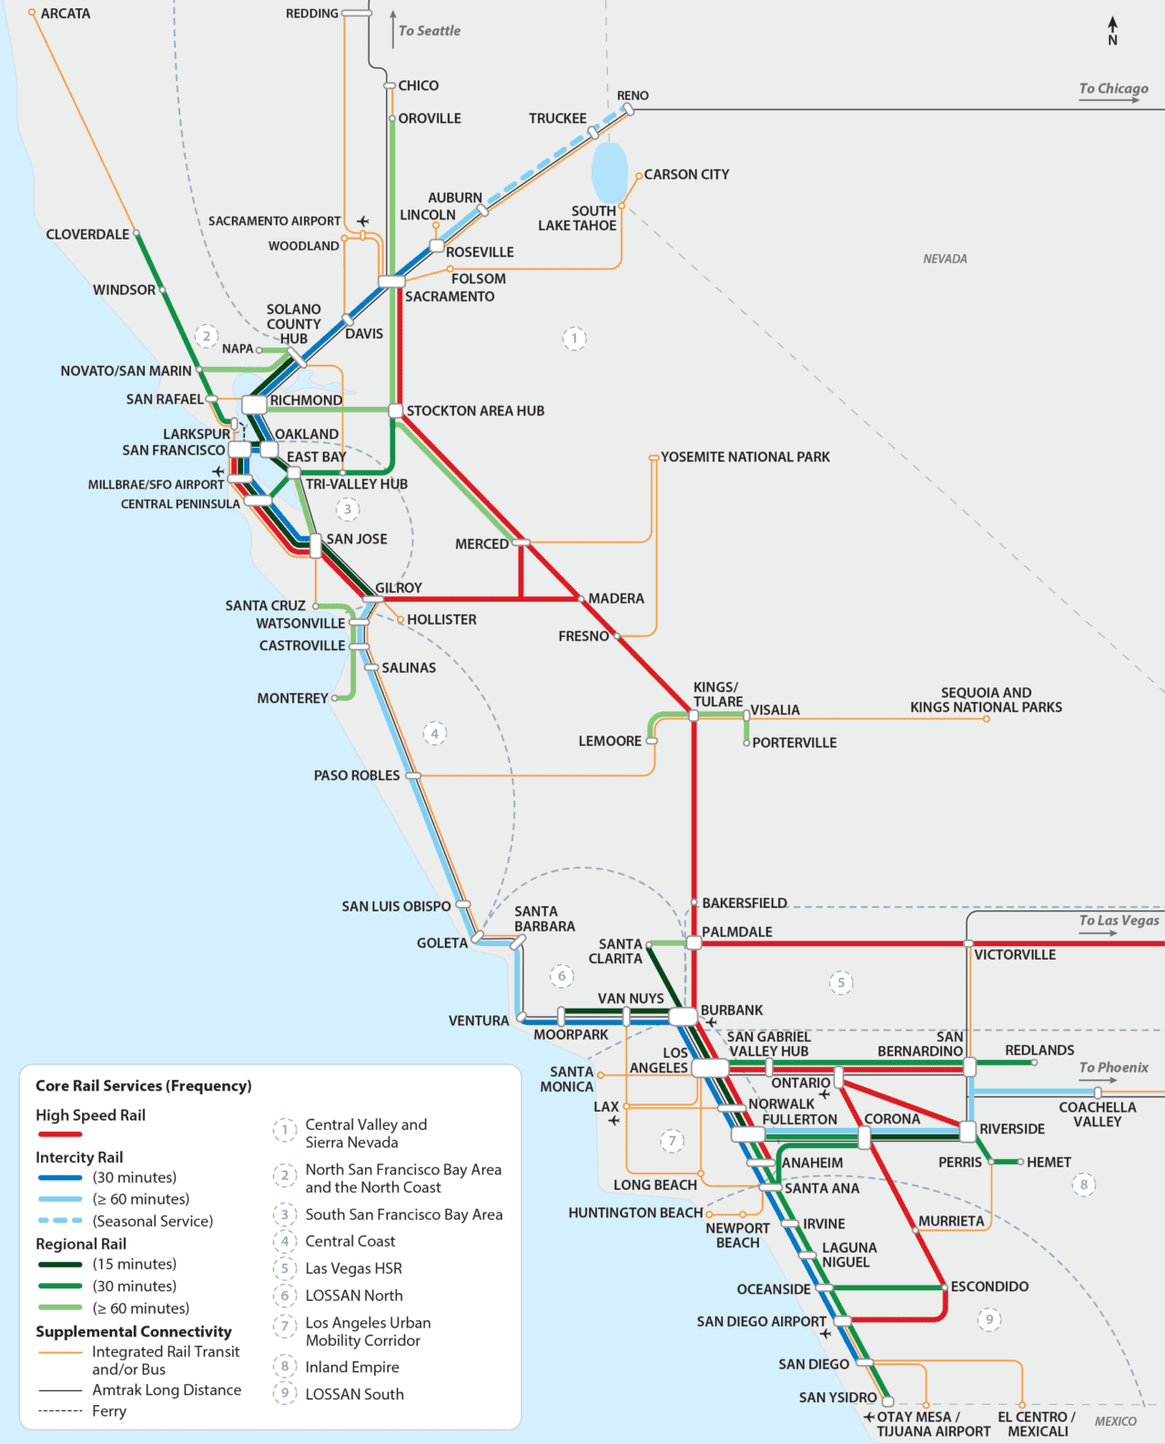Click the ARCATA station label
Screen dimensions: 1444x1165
(65, 14)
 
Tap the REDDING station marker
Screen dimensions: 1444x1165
(356, 14)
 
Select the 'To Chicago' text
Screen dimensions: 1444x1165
(1113, 88)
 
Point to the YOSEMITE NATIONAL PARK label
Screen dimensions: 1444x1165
(745, 457)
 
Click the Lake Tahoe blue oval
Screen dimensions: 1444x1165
(609, 172)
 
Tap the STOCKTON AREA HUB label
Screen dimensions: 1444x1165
(475, 412)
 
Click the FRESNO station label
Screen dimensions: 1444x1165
(583, 636)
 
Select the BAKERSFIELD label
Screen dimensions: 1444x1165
(744, 903)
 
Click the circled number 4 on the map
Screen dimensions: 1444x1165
(435, 734)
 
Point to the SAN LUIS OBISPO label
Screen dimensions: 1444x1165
(396, 907)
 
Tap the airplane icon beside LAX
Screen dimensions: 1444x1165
(614, 1121)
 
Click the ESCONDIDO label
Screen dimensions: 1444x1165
(989, 1286)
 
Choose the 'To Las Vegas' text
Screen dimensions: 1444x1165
(1119, 920)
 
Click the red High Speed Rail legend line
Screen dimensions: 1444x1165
(60, 1134)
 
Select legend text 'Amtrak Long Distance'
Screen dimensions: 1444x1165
(167, 1390)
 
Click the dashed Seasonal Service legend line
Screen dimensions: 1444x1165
(60, 1221)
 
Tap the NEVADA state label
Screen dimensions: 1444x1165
(945, 259)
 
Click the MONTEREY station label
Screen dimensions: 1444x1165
(292, 698)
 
